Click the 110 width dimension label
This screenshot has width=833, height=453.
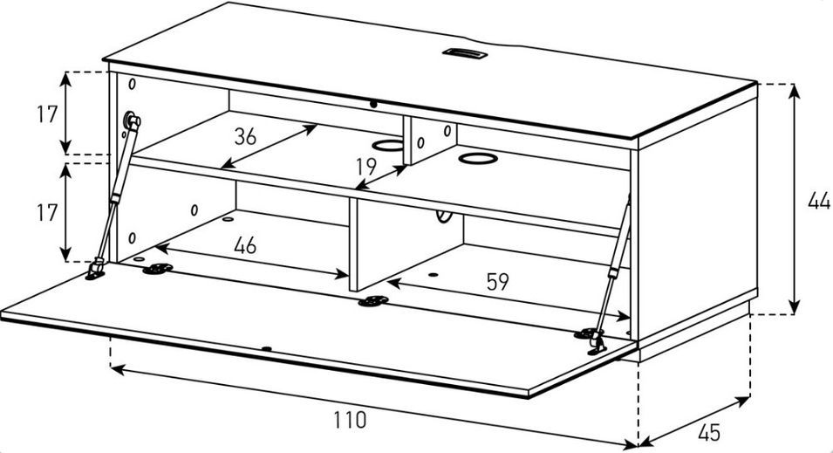pyautogui.click(x=350, y=420)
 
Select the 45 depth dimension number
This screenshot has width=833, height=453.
pyautogui.click(x=708, y=432)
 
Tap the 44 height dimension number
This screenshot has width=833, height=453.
pyautogui.click(x=819, y=202)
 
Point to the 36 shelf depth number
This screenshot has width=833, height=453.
pyautogui.click(x=245, y=137)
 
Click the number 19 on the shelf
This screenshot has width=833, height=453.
pyautogui.click(x=366, y=167)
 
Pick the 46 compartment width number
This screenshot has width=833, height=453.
pyautogui.click(x=245, y=245)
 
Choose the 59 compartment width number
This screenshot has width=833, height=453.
pyautogui.click(x=498, y=282)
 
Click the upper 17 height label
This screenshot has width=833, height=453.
pyautogui.click(x=47, y=114)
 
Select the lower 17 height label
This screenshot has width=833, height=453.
pyautogui.click(x=47, y=213)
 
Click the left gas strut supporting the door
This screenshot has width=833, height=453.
pyautogui.click(x=113, y=196)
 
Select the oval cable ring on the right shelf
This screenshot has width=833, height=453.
pyautogui.click(x=477, y=159)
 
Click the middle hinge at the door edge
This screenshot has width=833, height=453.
pyautogui.click(x=373, y=301)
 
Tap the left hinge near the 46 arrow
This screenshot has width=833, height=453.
pyautogui.click(x=157, y=270)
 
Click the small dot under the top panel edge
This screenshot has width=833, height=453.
pyautogui.click(x=373, y=105)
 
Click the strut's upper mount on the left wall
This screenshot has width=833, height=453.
pyautogui.click(x=131, y=120)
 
